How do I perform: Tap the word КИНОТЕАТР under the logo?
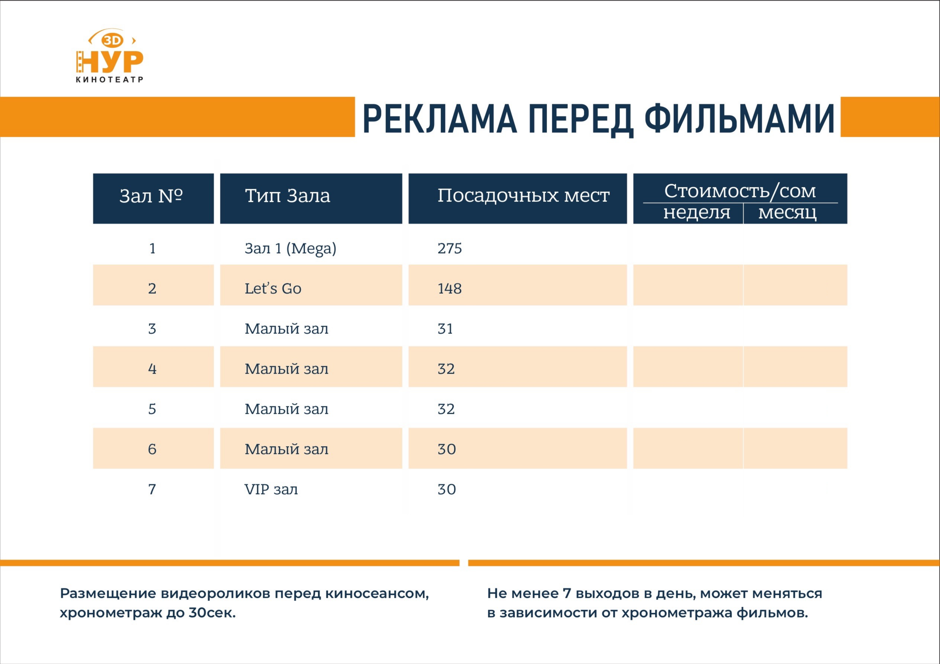click(109, 79)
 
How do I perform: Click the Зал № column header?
click(151, 196)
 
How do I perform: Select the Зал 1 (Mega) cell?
click(290, 248)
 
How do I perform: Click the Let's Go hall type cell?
click(273, 288)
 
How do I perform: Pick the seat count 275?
click(450, 248)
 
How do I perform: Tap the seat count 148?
click(450, 288)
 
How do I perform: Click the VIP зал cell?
click(271, 489)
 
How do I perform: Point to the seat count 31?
click(445, 329)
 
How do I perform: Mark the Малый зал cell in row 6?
click(287, 449)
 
